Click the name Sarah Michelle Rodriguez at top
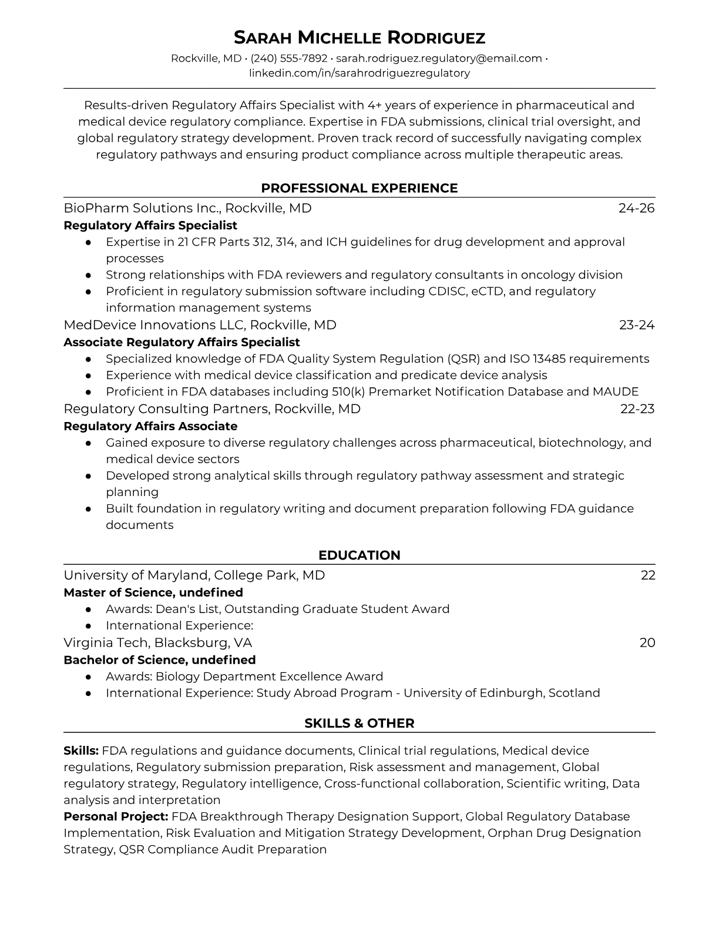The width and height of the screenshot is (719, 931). tap(359, 38)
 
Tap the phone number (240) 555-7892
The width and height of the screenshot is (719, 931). tap(288, 58)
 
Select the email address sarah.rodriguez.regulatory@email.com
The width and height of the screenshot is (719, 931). tap(439, 58)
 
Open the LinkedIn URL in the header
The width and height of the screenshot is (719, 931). tap(359, 73)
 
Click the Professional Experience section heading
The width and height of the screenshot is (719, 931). tap(359, 188)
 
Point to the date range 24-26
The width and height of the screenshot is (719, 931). tap(636, 208)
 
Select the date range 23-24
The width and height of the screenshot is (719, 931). tap(637, 325)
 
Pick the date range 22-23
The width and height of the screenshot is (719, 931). tap(637, 409)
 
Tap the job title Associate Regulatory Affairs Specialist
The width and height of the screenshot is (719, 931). tap(182, 342)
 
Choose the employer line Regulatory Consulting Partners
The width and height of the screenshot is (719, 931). tap(166, 409)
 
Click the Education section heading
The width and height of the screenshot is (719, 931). tap(359, 555)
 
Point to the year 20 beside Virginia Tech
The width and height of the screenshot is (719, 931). tap(647, 643)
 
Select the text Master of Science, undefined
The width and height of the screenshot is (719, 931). tap(153, 592)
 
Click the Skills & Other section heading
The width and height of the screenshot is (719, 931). tap(359, 724)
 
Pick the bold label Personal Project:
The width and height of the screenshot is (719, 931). tap(116, 816)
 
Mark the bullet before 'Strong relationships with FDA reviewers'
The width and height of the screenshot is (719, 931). tap(88, 275)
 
